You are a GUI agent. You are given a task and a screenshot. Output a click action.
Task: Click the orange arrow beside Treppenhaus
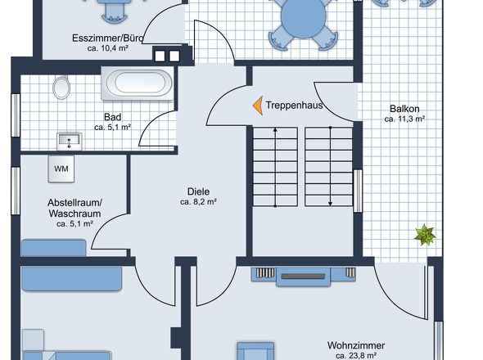click(258, 106)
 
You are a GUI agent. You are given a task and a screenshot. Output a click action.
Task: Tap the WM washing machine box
click(61, 169)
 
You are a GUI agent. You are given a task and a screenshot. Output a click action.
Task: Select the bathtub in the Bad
click(138, 83)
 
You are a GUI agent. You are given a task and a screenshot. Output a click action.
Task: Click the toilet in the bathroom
click(61, 88)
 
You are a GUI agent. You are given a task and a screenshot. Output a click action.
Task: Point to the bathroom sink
click(70, 141)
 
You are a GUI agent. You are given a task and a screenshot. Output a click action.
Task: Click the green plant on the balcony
click(425, 235)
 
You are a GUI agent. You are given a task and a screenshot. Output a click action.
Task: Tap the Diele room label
click(198, 191)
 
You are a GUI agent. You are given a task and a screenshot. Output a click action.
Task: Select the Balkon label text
click(404, 109)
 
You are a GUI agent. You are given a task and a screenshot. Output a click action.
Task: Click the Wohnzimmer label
click(356, 345)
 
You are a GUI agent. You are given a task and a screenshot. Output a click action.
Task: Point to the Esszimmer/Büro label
click(108, 38)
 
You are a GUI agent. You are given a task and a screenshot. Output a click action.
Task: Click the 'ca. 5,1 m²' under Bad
click(113, 127)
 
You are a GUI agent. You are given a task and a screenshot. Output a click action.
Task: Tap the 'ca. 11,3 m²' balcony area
click(404, 119)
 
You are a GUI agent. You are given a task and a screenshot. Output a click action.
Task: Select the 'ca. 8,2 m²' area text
click(198, 202)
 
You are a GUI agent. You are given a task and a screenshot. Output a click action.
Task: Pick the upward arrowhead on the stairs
click(275, 131)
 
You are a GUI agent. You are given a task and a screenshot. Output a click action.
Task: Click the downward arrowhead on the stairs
click(330, 203)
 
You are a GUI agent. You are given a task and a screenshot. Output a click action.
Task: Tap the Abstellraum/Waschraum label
click(74, 208)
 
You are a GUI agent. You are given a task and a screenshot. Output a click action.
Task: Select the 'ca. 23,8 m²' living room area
click(356, 356)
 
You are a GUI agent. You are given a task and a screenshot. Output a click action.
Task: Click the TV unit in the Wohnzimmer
click(304, 277)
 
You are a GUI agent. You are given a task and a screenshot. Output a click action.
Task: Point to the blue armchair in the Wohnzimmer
click(255, 351)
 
